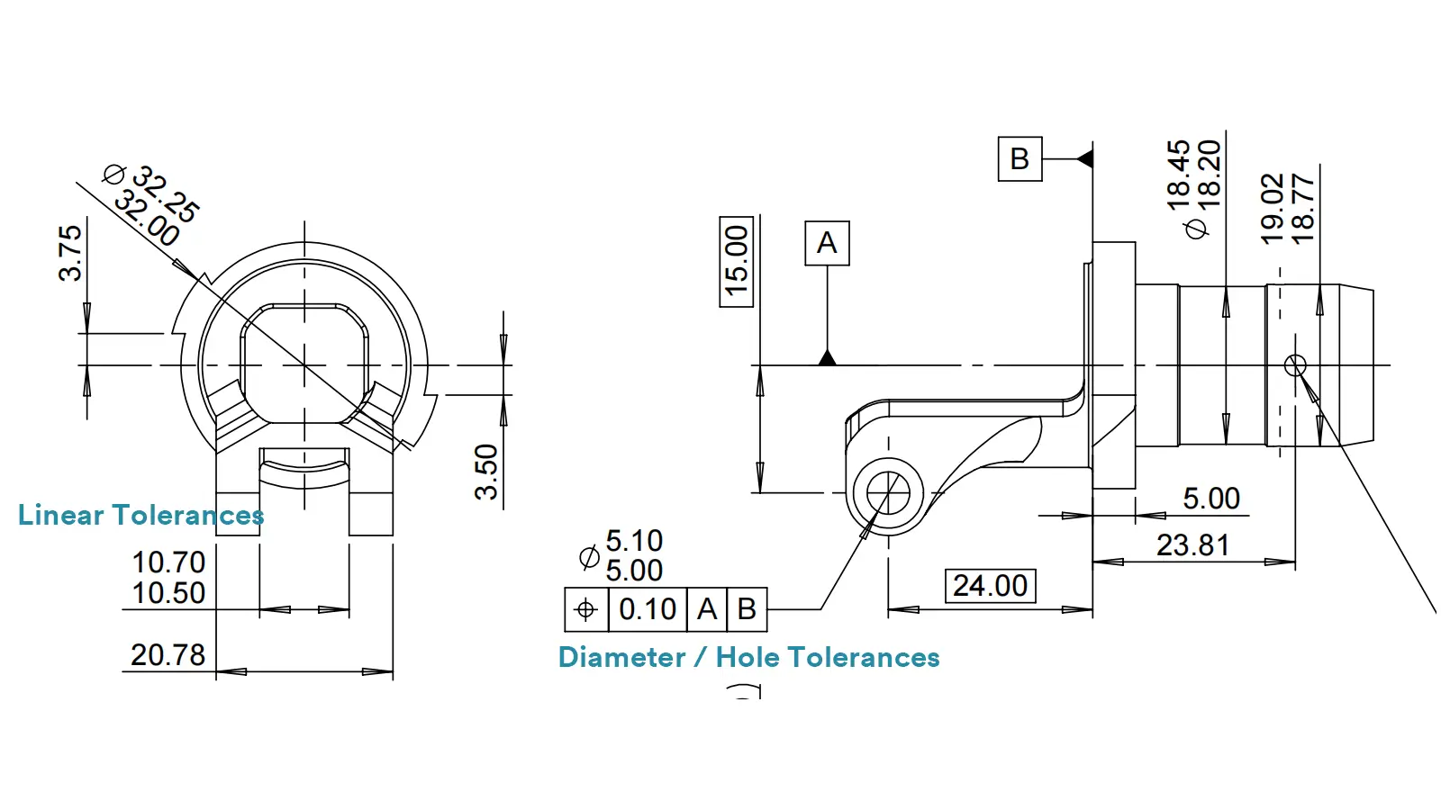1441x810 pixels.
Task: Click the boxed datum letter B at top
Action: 1020,159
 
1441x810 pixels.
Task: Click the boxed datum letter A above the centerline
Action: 827,243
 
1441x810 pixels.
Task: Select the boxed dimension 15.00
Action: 736,261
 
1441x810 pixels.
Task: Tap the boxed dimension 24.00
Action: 990,586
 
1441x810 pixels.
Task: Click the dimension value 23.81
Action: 1192,545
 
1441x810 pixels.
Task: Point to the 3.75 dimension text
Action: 70,253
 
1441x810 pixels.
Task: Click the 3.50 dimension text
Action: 486,472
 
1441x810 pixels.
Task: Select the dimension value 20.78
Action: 168,655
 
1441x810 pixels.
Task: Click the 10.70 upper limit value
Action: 168,562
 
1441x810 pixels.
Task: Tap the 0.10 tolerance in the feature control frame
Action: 647,609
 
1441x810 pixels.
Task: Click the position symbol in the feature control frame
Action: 585,609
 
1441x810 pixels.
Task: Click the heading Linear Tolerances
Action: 140,516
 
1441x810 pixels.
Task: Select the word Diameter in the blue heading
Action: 621,658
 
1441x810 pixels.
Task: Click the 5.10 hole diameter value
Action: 634,541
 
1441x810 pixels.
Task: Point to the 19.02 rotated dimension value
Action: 1272,209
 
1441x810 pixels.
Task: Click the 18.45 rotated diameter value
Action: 1178,175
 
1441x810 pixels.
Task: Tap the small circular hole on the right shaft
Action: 1295,365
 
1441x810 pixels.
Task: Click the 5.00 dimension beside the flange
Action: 1210,499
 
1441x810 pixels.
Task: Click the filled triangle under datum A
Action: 827,358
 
